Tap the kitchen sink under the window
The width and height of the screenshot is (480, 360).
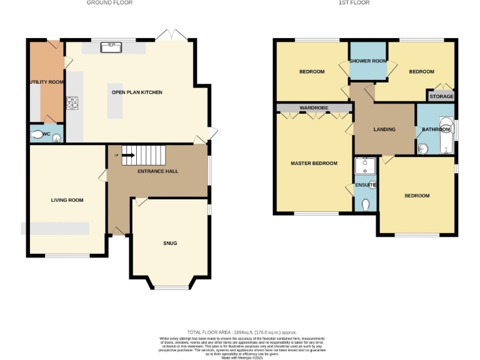[113, 46]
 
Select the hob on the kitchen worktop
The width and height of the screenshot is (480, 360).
[72, 101]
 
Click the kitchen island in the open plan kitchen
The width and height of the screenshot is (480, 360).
[116, 100]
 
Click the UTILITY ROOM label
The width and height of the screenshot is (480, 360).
[45, 82]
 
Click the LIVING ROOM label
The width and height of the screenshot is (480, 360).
[67, 200]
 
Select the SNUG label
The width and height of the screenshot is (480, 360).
[170, 243]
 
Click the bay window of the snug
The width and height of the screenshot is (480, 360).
[170, 287]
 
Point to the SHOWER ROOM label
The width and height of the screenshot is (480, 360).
[367, 61]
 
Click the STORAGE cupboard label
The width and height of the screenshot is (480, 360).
[441, 96]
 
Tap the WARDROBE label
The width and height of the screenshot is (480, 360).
[314, 108]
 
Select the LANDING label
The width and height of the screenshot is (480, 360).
[384, 129]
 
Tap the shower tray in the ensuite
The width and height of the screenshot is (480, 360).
[364, 166]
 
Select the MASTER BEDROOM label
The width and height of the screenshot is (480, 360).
[314, 163]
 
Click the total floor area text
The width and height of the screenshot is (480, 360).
[242, 332]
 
